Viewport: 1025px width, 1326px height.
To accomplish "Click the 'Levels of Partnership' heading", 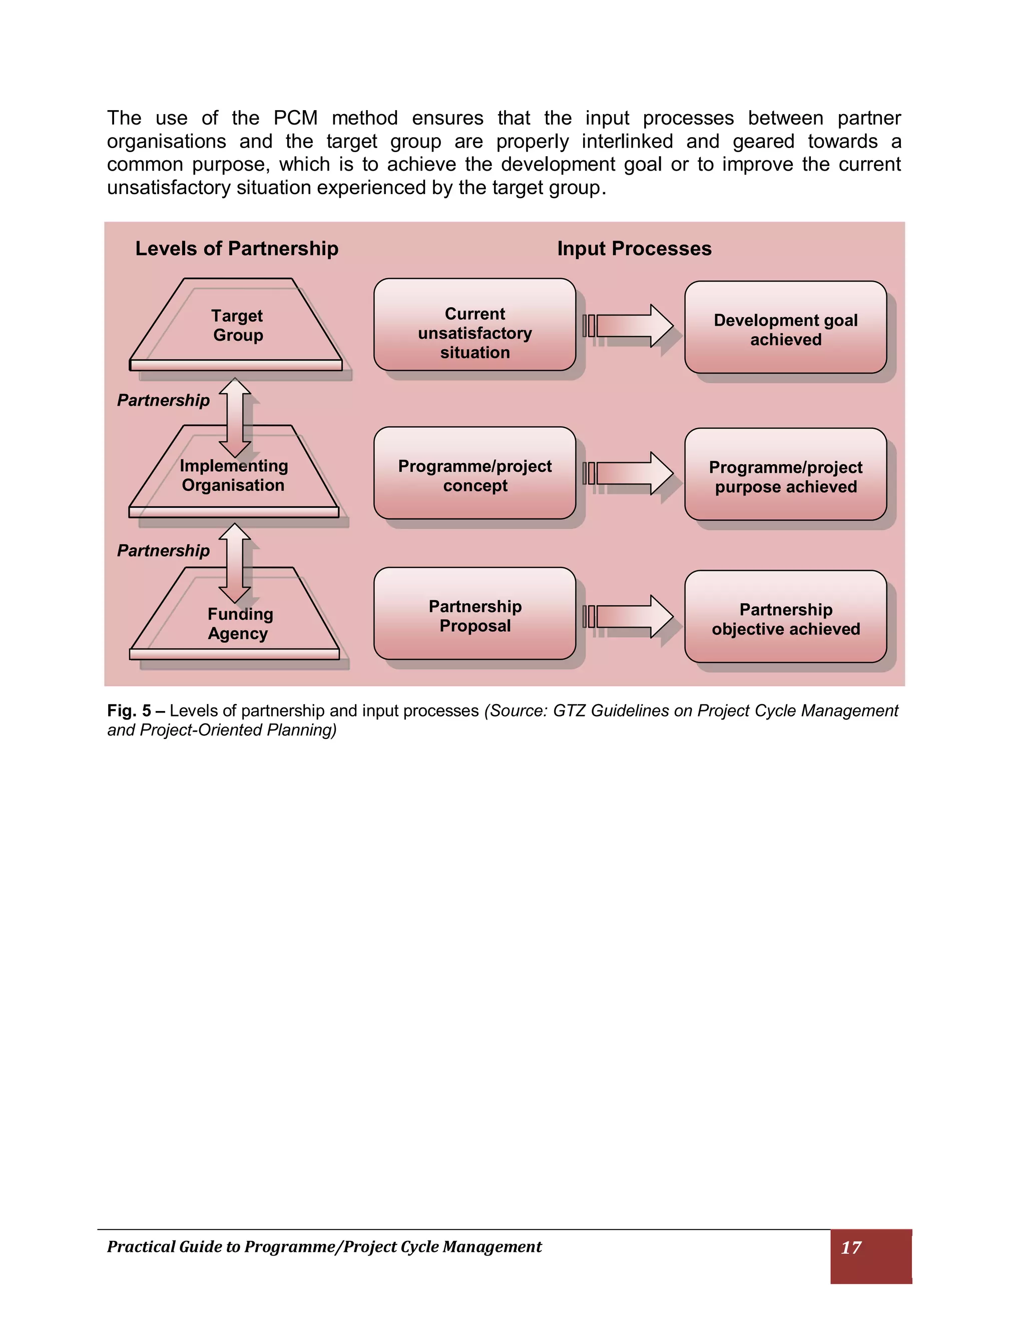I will tap(237, 248).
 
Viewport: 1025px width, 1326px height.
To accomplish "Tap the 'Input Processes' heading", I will tap(634, 248).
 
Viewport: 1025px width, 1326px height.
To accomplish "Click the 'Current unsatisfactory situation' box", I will tap(474, 332).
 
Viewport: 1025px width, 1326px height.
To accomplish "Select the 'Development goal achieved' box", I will tap(785, 330).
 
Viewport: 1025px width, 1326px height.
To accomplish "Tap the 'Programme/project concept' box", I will tap(474, 475).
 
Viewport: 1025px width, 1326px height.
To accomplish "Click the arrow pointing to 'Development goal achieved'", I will tap(632, 326).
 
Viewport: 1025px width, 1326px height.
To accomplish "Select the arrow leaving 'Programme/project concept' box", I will tap(632, 473).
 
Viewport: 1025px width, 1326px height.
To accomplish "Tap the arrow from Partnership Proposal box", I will tap(632, 616).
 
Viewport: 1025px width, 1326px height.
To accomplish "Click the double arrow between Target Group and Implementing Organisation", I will tap(235, 418).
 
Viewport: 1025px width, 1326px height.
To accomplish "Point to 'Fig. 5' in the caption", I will tap(129, 711).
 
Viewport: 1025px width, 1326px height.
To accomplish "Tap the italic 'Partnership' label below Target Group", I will tap(163, 400).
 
